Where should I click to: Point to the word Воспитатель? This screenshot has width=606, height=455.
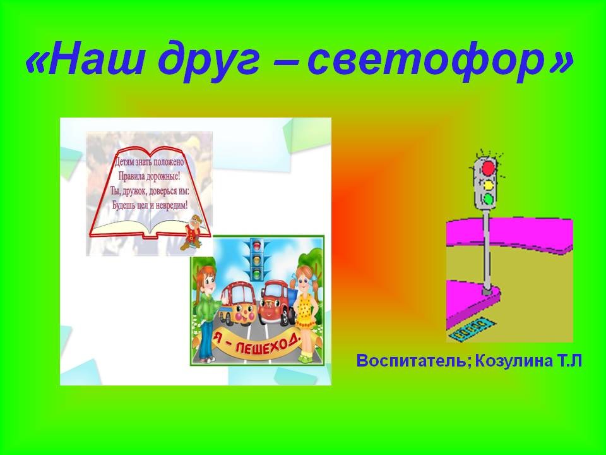coord(412,361)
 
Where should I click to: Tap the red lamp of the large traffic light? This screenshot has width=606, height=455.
coord(489,167)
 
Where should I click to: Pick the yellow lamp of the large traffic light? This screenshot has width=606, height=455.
coord(489,184)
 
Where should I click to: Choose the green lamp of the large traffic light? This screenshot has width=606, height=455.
coord(489,199)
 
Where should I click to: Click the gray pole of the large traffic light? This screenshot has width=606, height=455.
coord(487,250)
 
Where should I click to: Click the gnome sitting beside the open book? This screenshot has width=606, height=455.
coord(192,232)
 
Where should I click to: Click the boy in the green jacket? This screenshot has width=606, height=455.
coord(205,310)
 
